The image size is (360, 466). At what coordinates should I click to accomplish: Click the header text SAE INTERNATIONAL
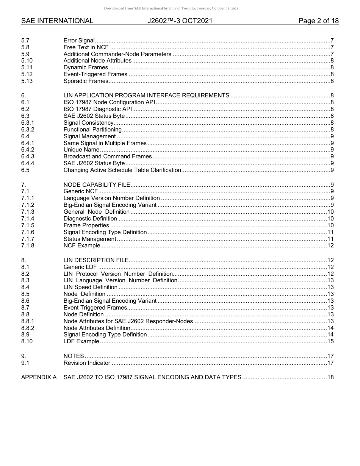pyautogui.click(x=57, y=21)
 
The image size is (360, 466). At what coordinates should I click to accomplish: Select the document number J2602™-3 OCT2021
pyautogui.click(x=180, y=21)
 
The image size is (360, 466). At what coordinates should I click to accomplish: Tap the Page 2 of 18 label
pyautogui.click(x=318, y=21)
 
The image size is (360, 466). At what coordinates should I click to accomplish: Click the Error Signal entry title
pyautogui.click(x=79, y=41)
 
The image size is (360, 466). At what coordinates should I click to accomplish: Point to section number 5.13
pyautogui.click(x=27, y=81)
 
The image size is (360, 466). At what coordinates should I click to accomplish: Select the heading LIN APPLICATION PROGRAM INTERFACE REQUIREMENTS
pyautogui.click(x=146, y=95)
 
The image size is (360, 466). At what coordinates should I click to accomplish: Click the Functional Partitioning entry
pyautogui.click(x=92, y=130)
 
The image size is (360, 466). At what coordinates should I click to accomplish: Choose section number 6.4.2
pyautogui.click(x=28, y=150)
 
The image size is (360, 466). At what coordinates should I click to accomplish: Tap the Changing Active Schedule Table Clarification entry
pyautogui.click(x=122, y=170)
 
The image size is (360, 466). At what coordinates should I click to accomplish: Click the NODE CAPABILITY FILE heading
pyautogui.click(x=97, y=185)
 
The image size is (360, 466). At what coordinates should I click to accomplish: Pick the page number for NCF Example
pyautogui.click(x=330, y=246)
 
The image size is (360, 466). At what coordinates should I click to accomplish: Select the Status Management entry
pyautogui.click(x=90, y=239)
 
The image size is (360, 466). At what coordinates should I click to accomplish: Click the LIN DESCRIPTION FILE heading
pyautogui.click(x=96, y=260)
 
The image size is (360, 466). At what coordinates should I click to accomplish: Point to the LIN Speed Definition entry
pyautogui.click(x=90, y=287)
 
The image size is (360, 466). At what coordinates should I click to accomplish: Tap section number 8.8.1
pyautogui.click(x=28, y=321)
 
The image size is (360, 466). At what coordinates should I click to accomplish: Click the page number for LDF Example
pyautogui.click(x=330, y=341)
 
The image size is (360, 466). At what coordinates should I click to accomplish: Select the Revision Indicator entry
pyautogui.click(x=87, y=363)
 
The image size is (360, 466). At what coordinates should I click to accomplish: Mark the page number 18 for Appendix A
pyautogui.click(x=330, y=377)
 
